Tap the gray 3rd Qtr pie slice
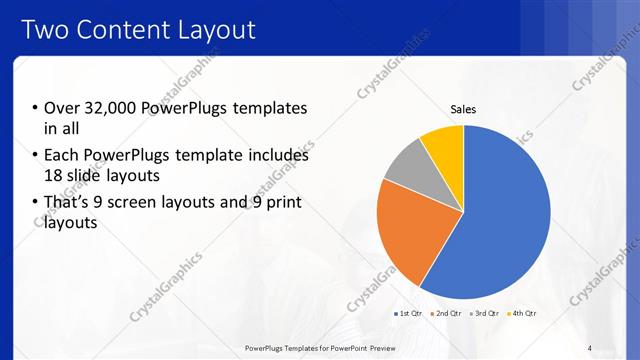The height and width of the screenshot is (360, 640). pyautogui.click(x=410, y=165)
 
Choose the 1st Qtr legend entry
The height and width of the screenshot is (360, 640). pyautogui.click(x=408, y=313)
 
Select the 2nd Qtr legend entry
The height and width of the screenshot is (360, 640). pyautogui.click(x=446, y=313)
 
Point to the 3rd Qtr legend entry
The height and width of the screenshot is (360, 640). pyautogui.click(x=485, y=313)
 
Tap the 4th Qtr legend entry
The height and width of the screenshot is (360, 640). pyautogui.click(x=523, y=313)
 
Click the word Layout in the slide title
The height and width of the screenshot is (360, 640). pyautogui.click(x=216, y=30)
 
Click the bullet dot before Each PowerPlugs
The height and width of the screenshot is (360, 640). pyautogui.click(x=34, y=156)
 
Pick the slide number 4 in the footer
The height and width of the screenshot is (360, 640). pyautogui.click(x=590, y=348)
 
